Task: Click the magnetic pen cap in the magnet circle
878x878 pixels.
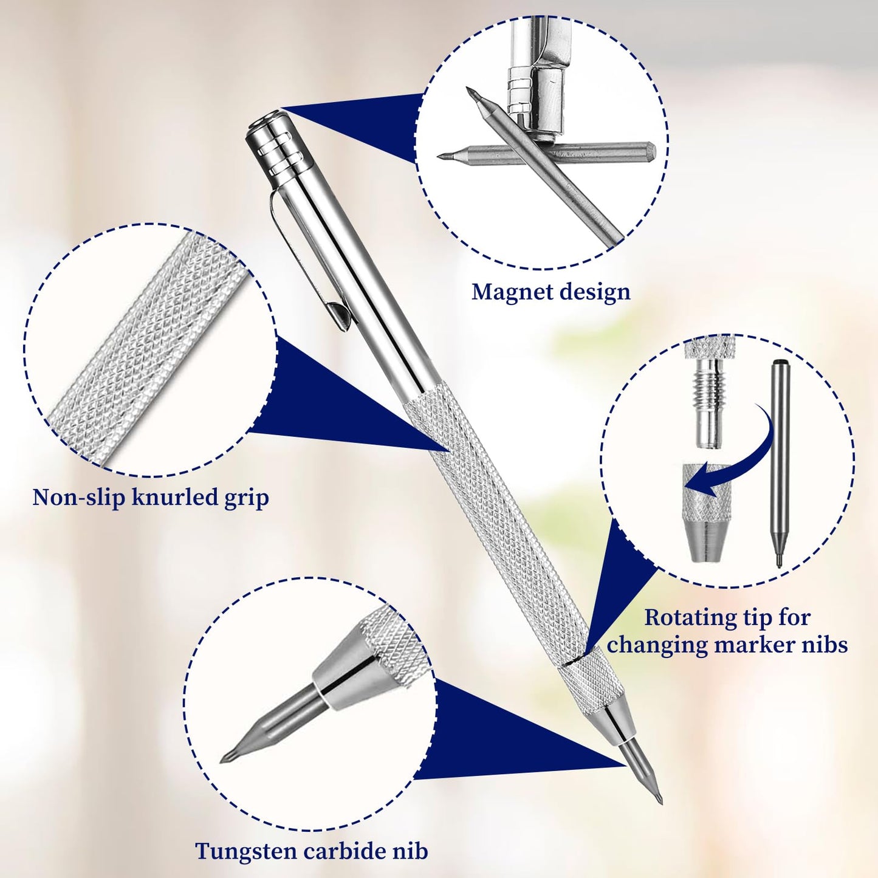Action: pos(535,97)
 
